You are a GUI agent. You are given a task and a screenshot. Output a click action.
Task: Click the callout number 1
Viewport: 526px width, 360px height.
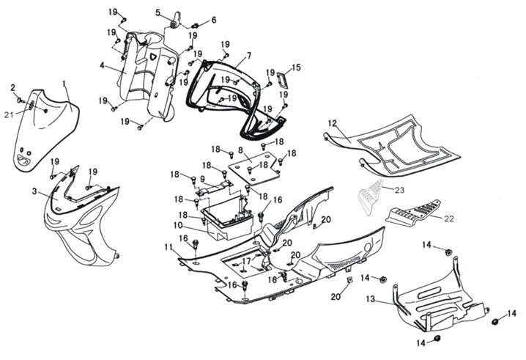pos(64,84)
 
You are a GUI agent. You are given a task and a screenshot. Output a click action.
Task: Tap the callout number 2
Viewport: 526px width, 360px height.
pos(12,88)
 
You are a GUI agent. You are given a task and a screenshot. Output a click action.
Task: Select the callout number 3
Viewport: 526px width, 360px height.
pos(34,191)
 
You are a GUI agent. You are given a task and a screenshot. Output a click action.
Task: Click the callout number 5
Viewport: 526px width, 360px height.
pos(158,12)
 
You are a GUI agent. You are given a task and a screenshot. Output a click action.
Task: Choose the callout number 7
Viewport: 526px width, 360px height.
pos(248,56)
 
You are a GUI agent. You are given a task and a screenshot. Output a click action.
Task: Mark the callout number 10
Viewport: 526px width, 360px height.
pos(177,224)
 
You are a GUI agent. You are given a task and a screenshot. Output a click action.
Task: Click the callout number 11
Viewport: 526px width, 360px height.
pos(168,246)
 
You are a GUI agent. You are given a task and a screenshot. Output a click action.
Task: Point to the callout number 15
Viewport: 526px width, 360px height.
pos(296,67)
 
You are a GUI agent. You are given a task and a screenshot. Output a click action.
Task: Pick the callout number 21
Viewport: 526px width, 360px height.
pos(9,114)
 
